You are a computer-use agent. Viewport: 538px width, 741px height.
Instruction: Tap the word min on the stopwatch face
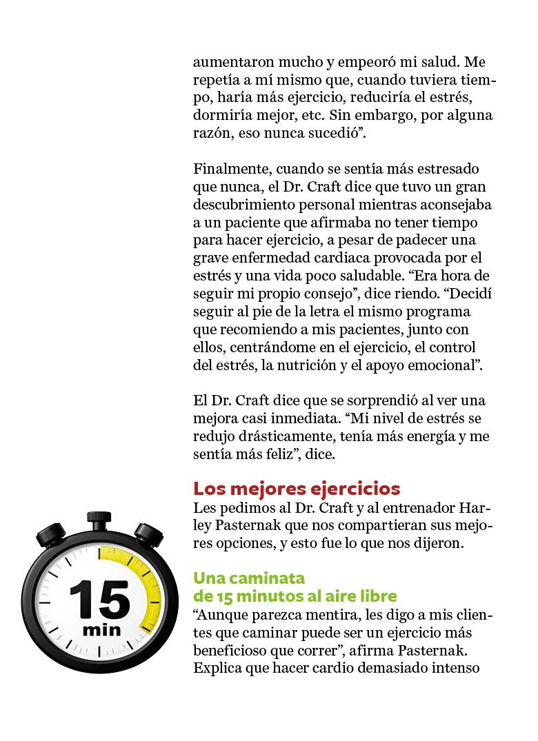pos(101,630)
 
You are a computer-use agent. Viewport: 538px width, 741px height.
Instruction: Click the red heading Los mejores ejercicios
pos(297,489)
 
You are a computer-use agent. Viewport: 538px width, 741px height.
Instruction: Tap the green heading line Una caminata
pos(249,578)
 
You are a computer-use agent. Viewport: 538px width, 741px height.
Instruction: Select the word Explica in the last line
pos(217,668)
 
